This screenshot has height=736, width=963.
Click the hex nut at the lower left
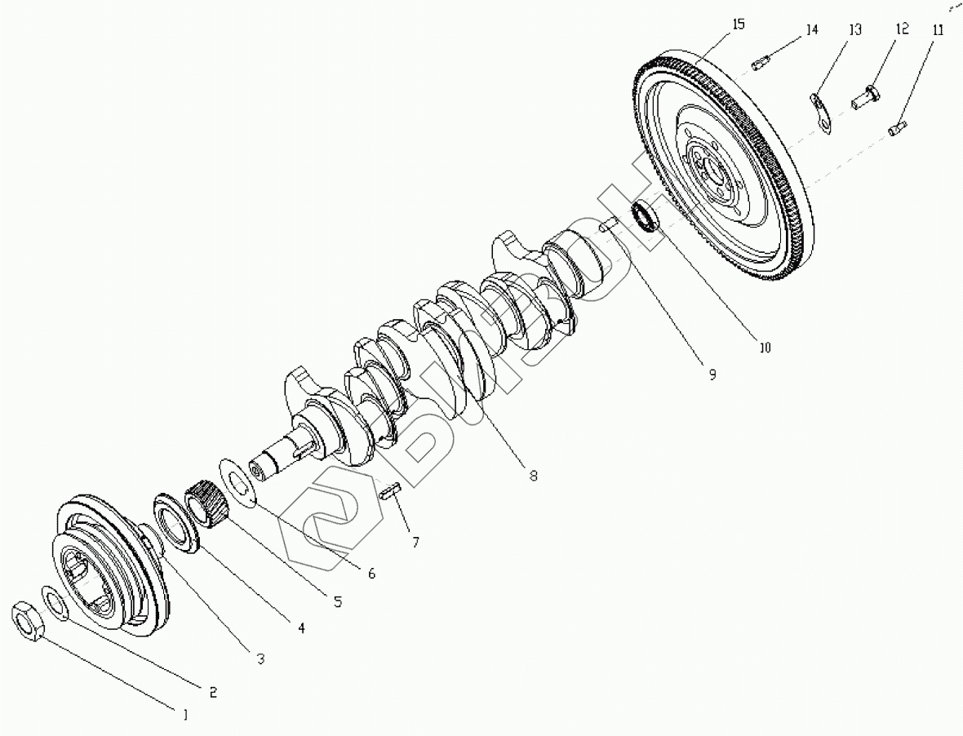coord(29,623)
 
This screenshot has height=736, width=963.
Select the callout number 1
coord(185,715)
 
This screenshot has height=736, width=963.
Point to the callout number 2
coord(212,692)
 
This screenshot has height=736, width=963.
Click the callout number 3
coord(261,658)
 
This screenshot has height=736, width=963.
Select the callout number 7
coord(415,541)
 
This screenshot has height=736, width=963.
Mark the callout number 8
coord(533,476)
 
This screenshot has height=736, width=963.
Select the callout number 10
coord(765,348)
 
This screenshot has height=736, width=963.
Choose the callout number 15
coord(738,24)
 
